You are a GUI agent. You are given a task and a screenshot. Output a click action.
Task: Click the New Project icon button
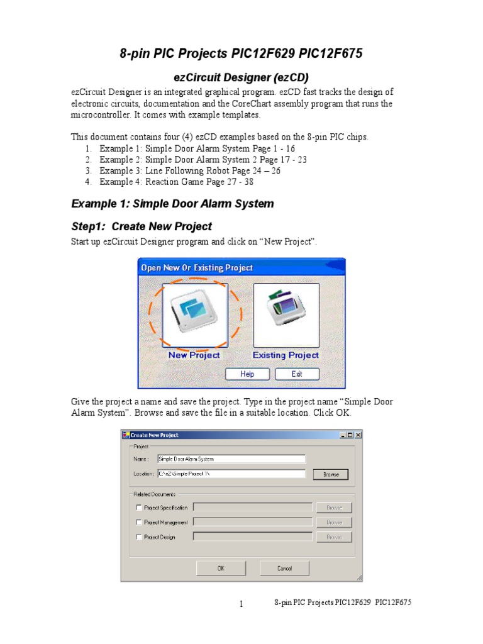point(194,315)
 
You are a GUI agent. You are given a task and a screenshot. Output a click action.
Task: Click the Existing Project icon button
point(286,315)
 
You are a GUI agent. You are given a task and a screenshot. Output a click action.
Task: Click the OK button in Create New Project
point(221,568)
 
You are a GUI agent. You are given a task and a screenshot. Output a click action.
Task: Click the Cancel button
point(284,568)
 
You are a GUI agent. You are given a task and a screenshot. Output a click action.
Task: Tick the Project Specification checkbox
point(138,508)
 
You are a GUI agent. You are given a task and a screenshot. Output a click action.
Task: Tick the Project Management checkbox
point(138,522)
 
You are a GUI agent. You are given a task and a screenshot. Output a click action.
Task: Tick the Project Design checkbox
point(138,537)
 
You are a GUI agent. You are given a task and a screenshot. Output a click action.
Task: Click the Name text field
point(231,459)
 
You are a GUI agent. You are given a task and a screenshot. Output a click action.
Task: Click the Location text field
point(231,474)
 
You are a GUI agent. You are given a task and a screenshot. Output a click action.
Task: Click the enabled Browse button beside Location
point(331,474)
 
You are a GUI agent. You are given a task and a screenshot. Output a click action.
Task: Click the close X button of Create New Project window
point(358,435)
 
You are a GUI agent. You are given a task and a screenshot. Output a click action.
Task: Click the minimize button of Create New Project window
point(343,435)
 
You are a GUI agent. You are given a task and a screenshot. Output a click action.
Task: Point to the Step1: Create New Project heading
point(142,226)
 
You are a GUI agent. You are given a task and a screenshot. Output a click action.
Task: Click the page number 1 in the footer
point(241,604)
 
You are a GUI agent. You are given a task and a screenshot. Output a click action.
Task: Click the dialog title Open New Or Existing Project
point(197,267)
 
